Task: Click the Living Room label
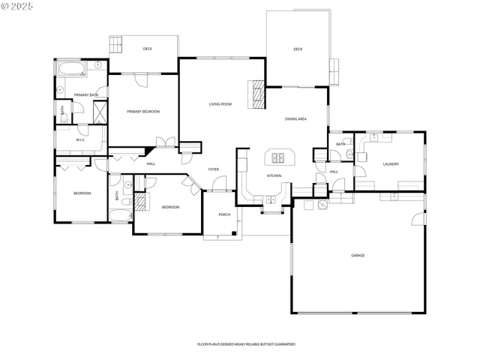(220, 103)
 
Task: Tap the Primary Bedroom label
(142, 112)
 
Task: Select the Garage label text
(358, 256)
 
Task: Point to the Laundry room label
(390, 164)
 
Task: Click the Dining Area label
(295, 118)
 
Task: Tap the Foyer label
(214, 169)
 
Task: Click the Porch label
(223, 214)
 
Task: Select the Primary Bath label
(85, 94)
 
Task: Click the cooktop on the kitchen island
(280, 157)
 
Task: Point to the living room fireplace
(257, 94)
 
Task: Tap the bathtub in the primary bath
(70, 70)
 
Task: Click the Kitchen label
(274, 175)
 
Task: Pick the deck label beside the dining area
(298, 49)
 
